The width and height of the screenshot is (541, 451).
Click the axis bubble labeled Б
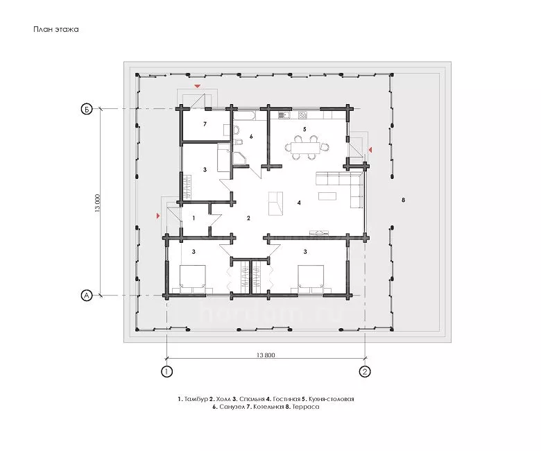point(87,110)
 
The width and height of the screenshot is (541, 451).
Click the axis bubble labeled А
point(87,296)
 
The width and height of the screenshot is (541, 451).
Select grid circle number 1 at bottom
point(167,372)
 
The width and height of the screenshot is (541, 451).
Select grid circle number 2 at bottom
point(365,372)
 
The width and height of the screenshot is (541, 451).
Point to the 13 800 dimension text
point(266,355)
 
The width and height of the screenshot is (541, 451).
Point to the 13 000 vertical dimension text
point(98,203)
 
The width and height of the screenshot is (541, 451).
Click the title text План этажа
point(56,29)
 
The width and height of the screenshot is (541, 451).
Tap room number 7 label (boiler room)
point(205,124)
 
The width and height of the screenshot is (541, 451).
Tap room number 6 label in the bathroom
point(251,137)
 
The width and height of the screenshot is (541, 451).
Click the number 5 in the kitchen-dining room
point(304,129)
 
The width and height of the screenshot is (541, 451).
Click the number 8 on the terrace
point(404,200)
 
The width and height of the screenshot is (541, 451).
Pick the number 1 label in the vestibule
point(194,218)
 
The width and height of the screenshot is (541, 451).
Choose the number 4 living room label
point(299,203)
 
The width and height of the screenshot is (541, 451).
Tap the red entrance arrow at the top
point(198,86)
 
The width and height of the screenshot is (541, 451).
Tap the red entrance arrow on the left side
point(158,216)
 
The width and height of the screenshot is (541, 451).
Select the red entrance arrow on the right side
point(370,150)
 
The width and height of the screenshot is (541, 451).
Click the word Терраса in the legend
point(306,407)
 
